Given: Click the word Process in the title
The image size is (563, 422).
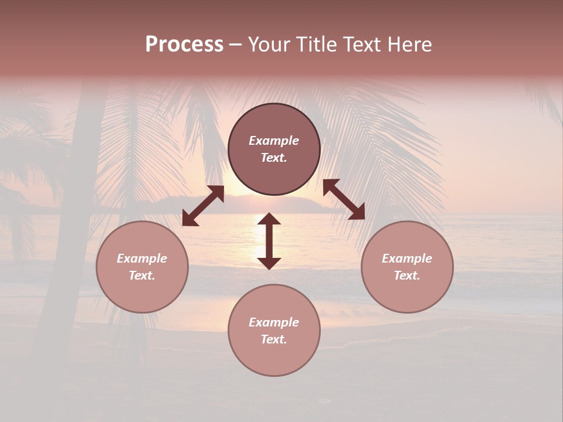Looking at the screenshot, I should pos(184,44).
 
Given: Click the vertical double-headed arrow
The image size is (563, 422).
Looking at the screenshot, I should pos(269,241).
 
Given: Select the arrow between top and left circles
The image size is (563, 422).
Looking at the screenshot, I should pos(203,206).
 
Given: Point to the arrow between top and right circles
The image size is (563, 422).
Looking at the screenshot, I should pos(344,200).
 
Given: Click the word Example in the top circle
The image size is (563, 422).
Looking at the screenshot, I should pos(274,141).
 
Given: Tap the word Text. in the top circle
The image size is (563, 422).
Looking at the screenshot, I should pos(274,158).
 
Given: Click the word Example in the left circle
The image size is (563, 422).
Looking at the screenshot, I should pos(142,258).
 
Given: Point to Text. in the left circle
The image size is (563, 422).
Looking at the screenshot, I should pos(142,275).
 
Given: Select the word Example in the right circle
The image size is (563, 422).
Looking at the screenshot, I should pos(407,258).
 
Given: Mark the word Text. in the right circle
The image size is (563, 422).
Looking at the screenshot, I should pos(407,275).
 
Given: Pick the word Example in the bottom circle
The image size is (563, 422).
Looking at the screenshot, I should pos(274,322).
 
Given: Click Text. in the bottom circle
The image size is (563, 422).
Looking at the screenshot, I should pos(274,339).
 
